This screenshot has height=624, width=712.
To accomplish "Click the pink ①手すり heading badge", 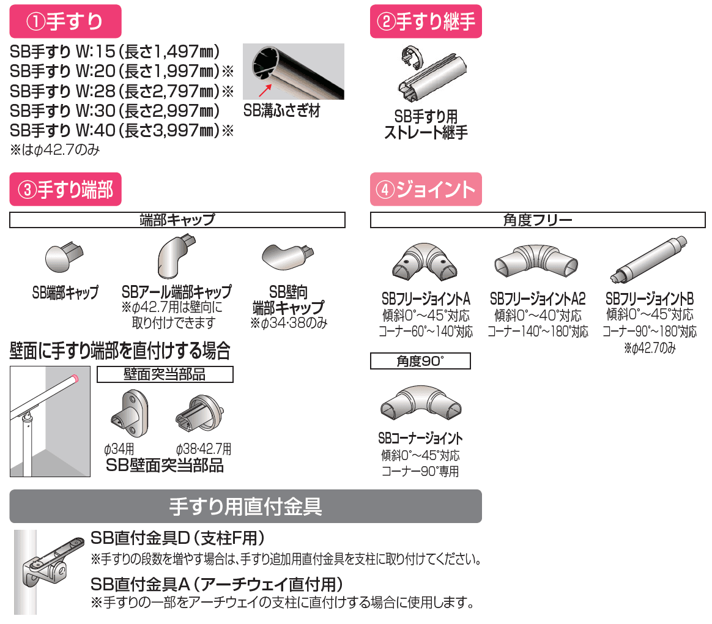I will coord(65,22).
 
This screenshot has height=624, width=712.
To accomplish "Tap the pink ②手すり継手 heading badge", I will coord(426,22).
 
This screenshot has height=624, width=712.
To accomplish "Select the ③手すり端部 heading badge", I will coord(65,190).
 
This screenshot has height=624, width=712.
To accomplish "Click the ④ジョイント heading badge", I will coord(426,190).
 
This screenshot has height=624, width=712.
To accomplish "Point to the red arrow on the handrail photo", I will coord(264,91).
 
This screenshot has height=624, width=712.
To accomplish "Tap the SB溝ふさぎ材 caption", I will coord(281,111).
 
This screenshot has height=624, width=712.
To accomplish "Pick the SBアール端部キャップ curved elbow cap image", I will coord(175,256).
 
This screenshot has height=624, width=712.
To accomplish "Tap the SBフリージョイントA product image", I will coord(425,263).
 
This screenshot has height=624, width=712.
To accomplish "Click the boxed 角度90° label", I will coord(420,362).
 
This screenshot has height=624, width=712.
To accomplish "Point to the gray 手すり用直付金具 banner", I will coord(245,506).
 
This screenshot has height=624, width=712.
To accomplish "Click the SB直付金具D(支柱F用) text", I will coord(177,538).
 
